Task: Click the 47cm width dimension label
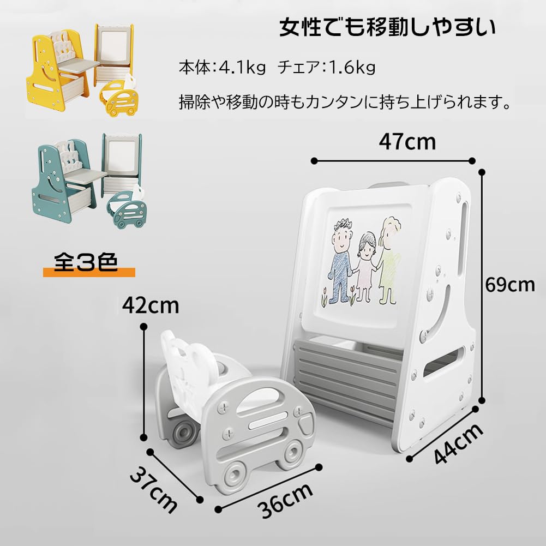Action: pyautogui.click(x=407, y=142)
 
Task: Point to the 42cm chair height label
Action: pyautogui.click(x=151, y=305)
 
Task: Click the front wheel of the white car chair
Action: pyautogui.click(x=238, y=472)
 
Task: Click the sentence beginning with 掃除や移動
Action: pyautogui.click(x=345, y=103)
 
